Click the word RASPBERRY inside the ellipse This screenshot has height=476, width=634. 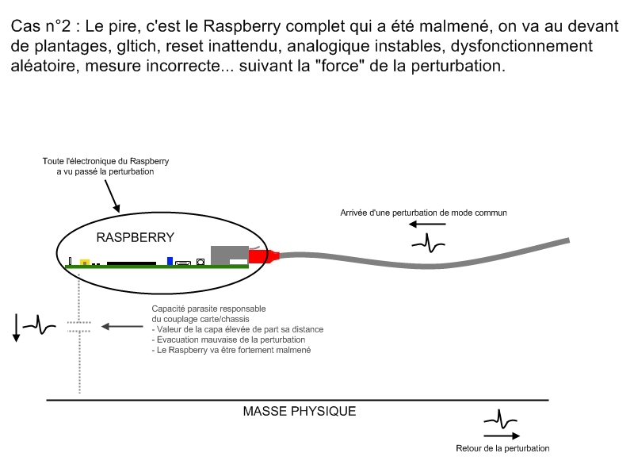(x=136, y=237)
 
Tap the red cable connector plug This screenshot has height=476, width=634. (x=265, y=255)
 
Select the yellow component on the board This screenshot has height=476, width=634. (x=84, y=261)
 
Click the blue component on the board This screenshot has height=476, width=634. (x=170, y=260)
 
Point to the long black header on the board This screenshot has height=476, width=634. (x=132, y=262)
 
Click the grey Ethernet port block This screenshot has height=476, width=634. (x=229, y=253)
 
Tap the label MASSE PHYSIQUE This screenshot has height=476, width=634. (x=299, y=412)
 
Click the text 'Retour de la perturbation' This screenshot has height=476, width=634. (x=502, y=448)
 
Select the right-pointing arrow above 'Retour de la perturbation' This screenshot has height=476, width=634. (x=501, y=435)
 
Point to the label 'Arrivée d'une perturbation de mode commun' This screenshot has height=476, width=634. (x=423, y=213)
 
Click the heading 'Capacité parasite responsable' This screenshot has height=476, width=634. (x=208, y=309)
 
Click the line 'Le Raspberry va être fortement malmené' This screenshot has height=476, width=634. (x=231, y=350)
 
